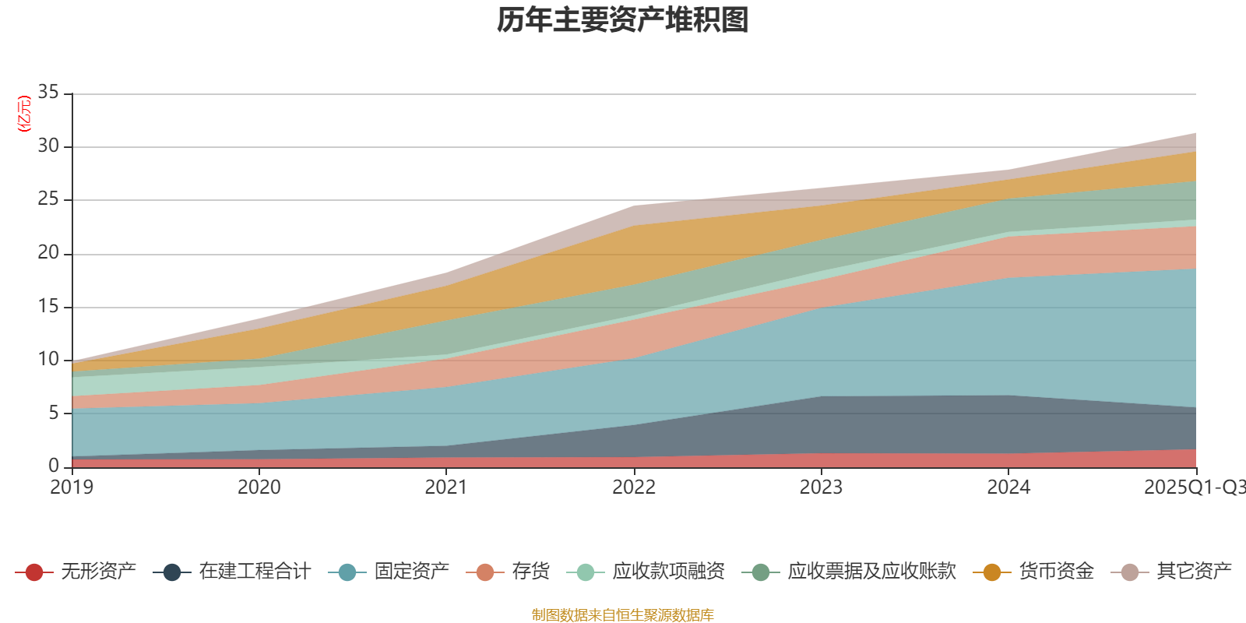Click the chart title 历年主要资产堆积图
click(623, 20)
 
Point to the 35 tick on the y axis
click(48, 93)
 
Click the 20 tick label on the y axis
click(48, 252)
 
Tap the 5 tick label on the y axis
click(53, 412)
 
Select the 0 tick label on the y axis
click(53, 466)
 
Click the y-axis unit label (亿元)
click(25, 114)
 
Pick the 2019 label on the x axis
click(72, 487)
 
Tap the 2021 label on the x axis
click(446, 487)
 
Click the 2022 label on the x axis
click(634, 487)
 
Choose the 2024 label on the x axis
click(1008, 487)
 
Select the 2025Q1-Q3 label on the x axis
click(1193, 487)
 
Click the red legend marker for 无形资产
click(33, 572)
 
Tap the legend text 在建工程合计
click(255, 572)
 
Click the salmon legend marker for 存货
click(485, 572)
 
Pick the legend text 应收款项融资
click(668, 572)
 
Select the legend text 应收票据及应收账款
click(871, 572)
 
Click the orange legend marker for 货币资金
click(991, 572)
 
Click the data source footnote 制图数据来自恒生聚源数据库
click(623, 615)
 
